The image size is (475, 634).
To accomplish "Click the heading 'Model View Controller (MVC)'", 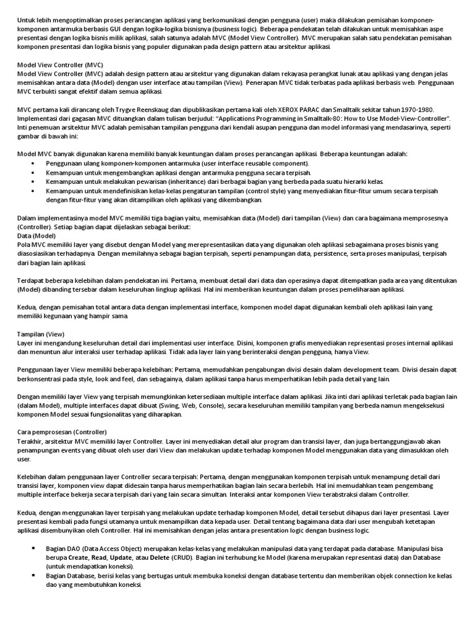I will pos(59,65).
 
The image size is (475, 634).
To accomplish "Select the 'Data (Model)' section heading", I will pos(36,236).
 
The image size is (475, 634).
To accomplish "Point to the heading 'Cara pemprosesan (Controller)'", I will pos(62,432).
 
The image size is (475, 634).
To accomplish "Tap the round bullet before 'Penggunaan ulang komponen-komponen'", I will pos(32,163).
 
